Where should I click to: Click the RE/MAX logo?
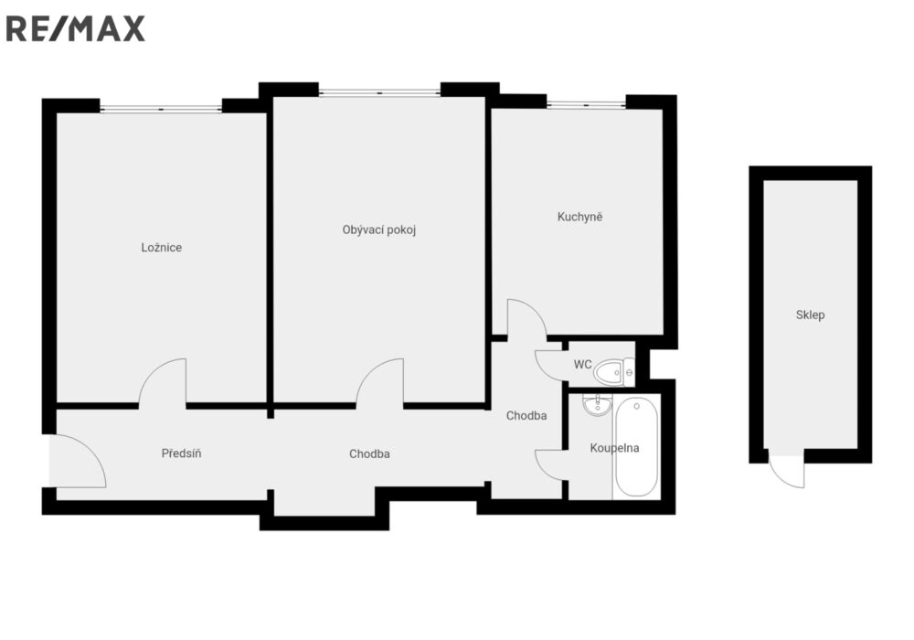click(75, 29)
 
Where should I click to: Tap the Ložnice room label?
click(162, 248)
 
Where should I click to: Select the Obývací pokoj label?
click(379, 229)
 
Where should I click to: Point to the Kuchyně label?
click(580, 217)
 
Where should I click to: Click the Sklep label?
click(810, 315)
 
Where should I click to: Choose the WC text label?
click(583, 364)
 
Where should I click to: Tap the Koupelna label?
click(614, 448)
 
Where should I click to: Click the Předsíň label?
click(181, 453)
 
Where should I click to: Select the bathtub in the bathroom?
click(636, 447)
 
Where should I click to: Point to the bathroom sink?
click(597, 405)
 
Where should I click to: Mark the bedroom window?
click(161, 109)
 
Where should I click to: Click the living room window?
click(379, 92)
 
